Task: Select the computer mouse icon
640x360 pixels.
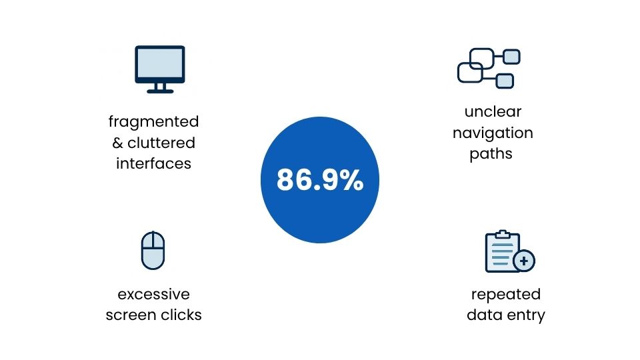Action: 153,251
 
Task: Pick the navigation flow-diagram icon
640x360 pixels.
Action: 489,68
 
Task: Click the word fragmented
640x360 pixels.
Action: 153,122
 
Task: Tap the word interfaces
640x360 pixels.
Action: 153,163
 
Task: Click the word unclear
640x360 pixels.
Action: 493,111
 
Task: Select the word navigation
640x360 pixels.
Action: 493,133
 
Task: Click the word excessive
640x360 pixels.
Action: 153,294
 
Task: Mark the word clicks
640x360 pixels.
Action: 181,315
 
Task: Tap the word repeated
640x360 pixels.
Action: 505,294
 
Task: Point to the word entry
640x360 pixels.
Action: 525,315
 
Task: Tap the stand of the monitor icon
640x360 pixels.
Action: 159,88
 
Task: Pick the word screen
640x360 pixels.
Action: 131,315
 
